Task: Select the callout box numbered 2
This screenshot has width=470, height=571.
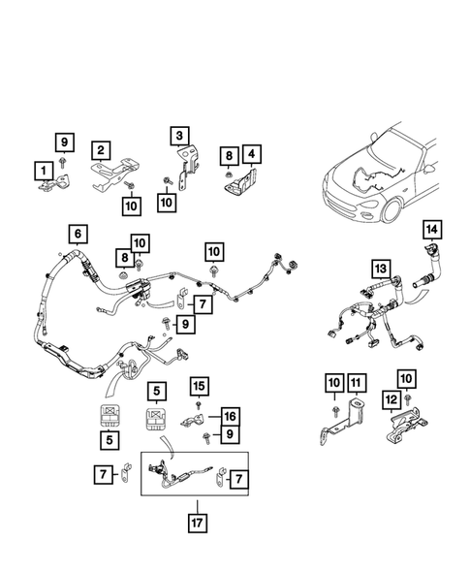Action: click(x=100, y=149)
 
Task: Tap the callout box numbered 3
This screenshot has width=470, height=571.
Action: click(x=180, y=133)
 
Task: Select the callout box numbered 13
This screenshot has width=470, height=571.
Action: click(x=381, y=268)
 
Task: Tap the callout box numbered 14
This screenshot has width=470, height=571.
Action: click(x=430, y=230)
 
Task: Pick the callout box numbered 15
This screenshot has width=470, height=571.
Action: click(x=198, y=387)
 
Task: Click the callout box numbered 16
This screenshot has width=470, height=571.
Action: click(x=229, y=415)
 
